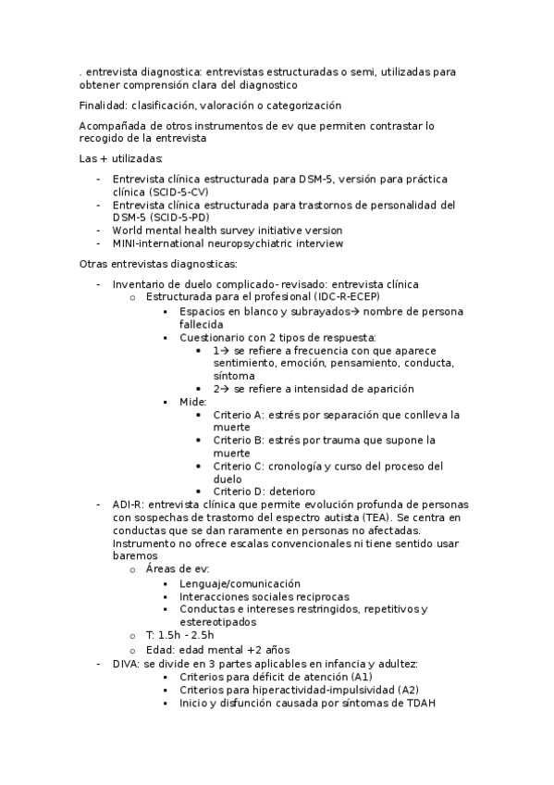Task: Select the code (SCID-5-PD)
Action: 146,218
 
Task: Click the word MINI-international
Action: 163,243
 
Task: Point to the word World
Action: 129,231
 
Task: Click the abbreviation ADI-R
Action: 127,504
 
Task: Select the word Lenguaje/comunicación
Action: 240,584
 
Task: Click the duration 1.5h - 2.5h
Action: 186,635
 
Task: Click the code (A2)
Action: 408,690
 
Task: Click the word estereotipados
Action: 218,622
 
